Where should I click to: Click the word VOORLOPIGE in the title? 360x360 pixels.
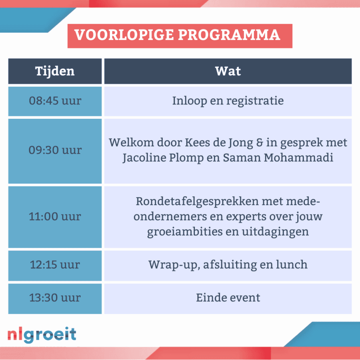tap(124, 35)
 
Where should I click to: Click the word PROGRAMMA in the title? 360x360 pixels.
tap(229, 35)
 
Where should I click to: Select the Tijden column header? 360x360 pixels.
tap(55, 71)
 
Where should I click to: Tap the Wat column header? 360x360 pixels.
tap(228, 71)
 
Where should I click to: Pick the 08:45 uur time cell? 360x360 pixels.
tap(55, 101)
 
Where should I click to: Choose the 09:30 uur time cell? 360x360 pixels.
tap(55, 151)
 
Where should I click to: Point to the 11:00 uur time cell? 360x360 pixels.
tap(55, 217)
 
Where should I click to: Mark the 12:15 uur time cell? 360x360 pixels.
tap(55, 266)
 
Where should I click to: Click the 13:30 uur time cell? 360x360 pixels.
tap(55, 298)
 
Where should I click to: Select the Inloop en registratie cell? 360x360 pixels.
tap(228, 101)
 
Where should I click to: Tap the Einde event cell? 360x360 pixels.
tap(228, 298)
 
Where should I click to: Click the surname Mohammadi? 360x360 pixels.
tap(298, 158)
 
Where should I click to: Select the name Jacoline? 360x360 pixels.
tap(144, 158)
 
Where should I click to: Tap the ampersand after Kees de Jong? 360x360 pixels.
tap(260, 142)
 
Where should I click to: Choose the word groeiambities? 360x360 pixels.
tap(185, 232)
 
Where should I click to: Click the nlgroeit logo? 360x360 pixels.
tap(42, 335)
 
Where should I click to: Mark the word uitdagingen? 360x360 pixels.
tap(275, 232)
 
